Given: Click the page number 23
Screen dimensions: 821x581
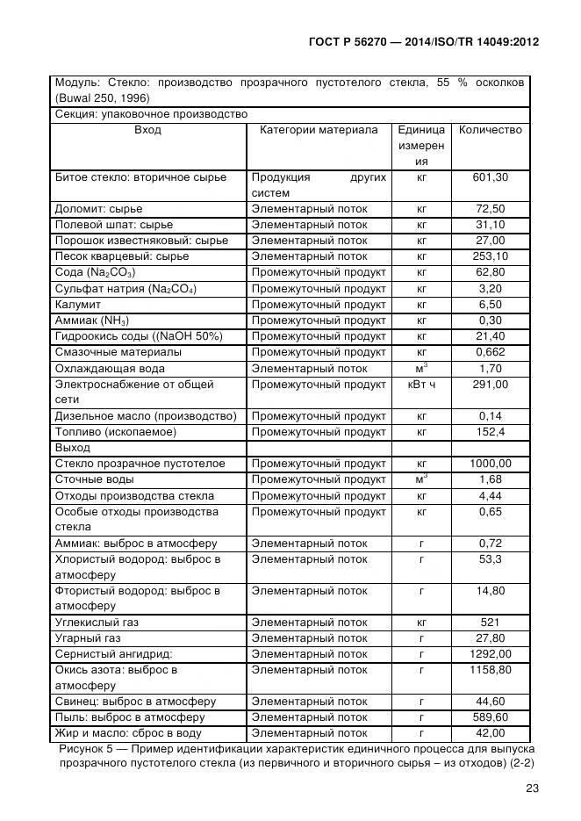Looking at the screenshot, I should coord(531,789).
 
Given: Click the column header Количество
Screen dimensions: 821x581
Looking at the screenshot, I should coord(490,130).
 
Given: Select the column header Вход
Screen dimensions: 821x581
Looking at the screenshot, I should coord(147,130).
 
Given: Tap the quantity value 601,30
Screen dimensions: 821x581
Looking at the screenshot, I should coord(491,177).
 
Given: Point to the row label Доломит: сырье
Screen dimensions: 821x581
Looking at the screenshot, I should coord(98,209).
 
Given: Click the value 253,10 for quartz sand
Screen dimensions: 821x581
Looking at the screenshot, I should coord(491,256).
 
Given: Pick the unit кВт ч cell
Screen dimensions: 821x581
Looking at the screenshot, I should coord(421,385).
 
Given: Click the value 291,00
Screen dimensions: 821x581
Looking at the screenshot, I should coord(491,385).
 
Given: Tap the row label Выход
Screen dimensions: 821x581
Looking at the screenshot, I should coord(73,448).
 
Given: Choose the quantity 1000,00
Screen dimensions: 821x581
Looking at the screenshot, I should coord(491,464).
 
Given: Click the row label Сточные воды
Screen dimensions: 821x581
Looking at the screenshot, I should coord(95,479).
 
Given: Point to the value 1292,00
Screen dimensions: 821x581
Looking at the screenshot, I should coord(491,654).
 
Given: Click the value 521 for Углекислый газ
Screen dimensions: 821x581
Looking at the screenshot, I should coord(491,623).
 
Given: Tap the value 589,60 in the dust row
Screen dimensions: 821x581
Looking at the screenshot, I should coord(491,717).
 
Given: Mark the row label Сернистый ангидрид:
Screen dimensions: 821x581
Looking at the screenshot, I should coord(113,654).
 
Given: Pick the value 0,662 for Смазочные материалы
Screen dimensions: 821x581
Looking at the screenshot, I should coord(491,353).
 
